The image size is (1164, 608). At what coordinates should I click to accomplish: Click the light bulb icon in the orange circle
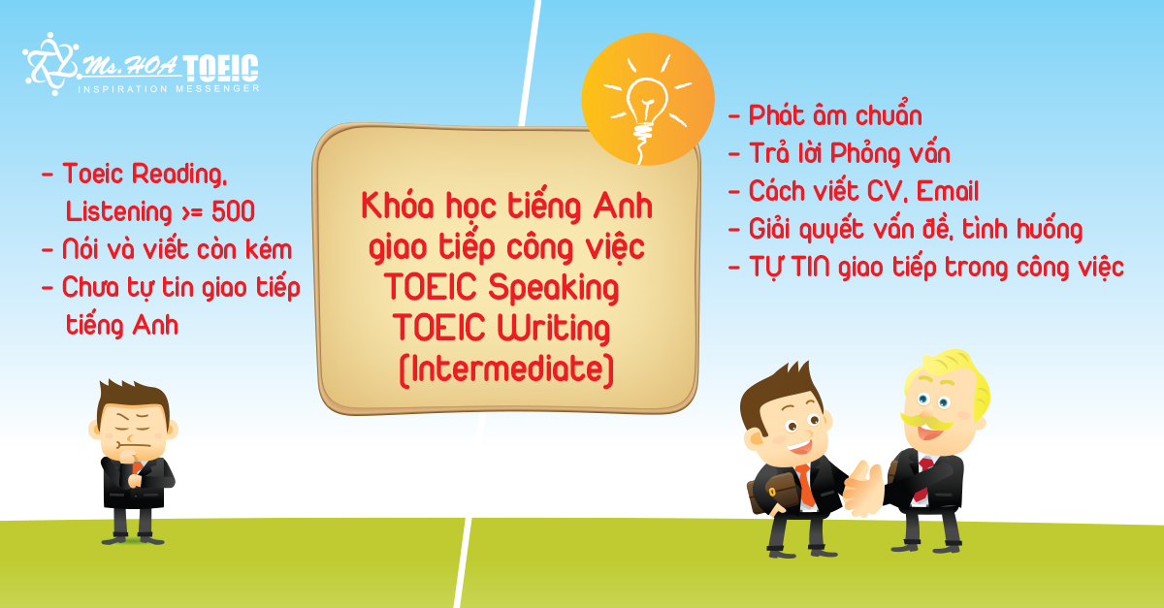coord(646,112)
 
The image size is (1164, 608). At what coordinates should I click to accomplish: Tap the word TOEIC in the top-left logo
coord(221,69)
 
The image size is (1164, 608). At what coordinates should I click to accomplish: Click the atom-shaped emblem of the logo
coord(50,64)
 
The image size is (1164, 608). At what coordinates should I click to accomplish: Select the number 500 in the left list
coord(233,211)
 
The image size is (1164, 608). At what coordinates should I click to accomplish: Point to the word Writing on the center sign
coord(554,329)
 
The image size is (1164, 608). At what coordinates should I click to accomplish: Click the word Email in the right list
coord(948,191)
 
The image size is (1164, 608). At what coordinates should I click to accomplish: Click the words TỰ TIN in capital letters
coord(790,267)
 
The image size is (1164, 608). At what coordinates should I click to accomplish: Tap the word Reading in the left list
coord(179,175)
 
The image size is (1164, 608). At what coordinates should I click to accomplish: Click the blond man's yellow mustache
coord(927,422)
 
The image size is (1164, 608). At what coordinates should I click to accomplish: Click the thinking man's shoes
coord(133,538)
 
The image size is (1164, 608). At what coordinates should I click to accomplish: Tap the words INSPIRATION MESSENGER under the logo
coord(169,89)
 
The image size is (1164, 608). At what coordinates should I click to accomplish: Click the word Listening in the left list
coord(118,212)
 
